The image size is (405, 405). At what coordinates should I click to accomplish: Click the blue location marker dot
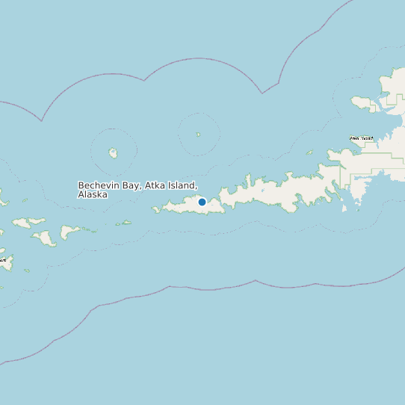pos(202,202)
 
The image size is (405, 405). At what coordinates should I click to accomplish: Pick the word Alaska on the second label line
pos(93,194)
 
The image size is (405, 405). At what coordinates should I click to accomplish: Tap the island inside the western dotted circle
pos(113,153)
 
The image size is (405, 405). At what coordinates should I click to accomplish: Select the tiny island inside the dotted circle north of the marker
pos(198,135)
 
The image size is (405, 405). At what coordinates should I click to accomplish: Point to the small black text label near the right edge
pos(362,138)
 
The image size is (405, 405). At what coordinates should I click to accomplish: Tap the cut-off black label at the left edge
pos(2,260)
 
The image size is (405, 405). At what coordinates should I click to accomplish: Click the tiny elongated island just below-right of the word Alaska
pos(124,223)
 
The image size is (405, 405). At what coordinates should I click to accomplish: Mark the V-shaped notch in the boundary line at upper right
pos(262,93)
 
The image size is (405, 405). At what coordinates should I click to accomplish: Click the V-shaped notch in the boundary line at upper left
pos(42,120)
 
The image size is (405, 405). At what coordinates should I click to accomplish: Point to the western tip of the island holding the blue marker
pos(155,211)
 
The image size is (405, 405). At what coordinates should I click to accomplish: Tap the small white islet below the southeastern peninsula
pos(344,208)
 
